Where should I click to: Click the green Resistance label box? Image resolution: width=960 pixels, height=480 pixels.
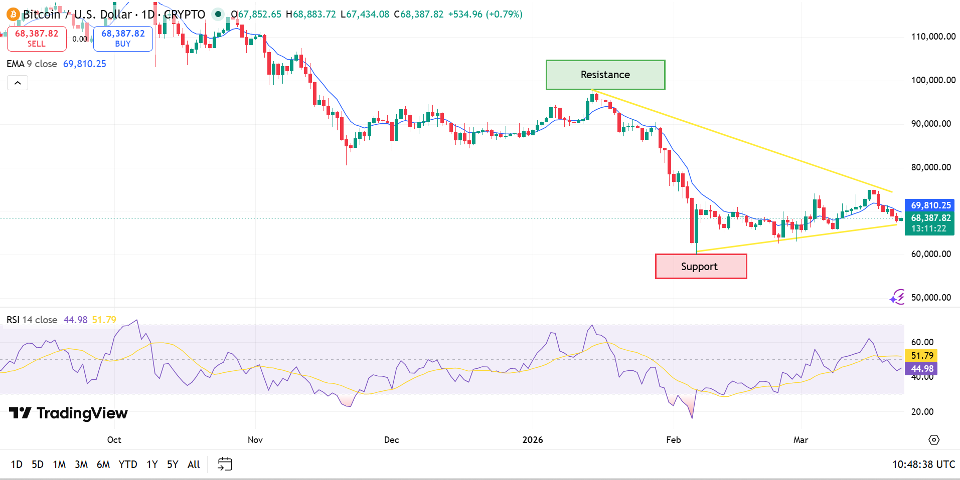pyautogui.click(x=605, y=75)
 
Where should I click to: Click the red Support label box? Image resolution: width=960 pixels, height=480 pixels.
pyautogui.click(x=701, y=266)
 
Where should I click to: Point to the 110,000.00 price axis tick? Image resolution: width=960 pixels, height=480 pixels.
pyautogui.click(x=933, y=37)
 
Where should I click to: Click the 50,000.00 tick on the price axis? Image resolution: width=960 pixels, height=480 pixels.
pyautogui.click(x=930, y=298)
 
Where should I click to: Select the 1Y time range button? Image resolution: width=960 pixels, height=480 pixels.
pyautogui.click(x=152, y=464)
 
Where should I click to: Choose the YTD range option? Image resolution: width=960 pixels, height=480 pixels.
pyautogui.click(x=128, y=464)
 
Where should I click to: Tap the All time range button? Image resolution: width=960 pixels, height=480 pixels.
pyautogui.click(x=194, y=464)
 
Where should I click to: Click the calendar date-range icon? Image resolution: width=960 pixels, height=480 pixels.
pyautogui.click(x=225, y=464)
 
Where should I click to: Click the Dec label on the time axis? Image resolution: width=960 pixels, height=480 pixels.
pyautogui.click(x=391, y=440)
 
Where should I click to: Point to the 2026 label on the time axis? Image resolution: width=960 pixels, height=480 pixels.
pyautogui.click(x=533, y=440)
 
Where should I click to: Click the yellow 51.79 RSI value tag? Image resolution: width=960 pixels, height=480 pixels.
pyautogui.click(x=922, y=356)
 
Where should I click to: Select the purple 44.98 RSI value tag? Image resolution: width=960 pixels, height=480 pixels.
pyautogui.click(x=922, y=369)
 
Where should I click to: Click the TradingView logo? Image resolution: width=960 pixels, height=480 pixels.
pyautogui.click(x=68, y=413)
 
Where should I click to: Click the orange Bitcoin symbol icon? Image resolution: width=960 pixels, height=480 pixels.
pyautogui.click(x=13, y=15)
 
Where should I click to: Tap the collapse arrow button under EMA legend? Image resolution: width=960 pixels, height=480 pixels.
pyautogui.click(x=18, y=83)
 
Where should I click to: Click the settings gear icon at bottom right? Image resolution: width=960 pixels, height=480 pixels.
pyautogui.click(x=933, y=440)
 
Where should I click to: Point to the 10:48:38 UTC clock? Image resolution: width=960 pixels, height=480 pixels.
pyautogui.click(x=923, y=464)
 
